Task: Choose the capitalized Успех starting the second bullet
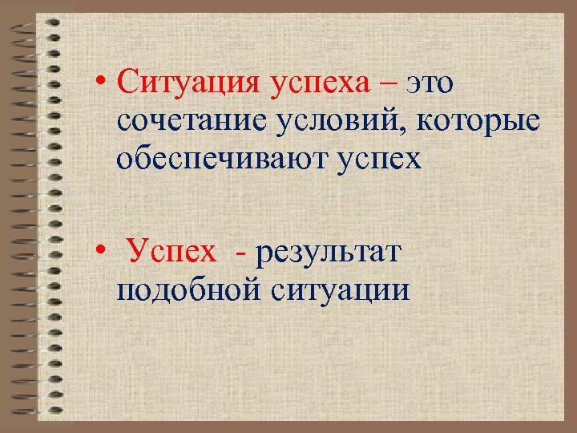(171, 253)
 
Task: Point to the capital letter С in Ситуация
(124, 83)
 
